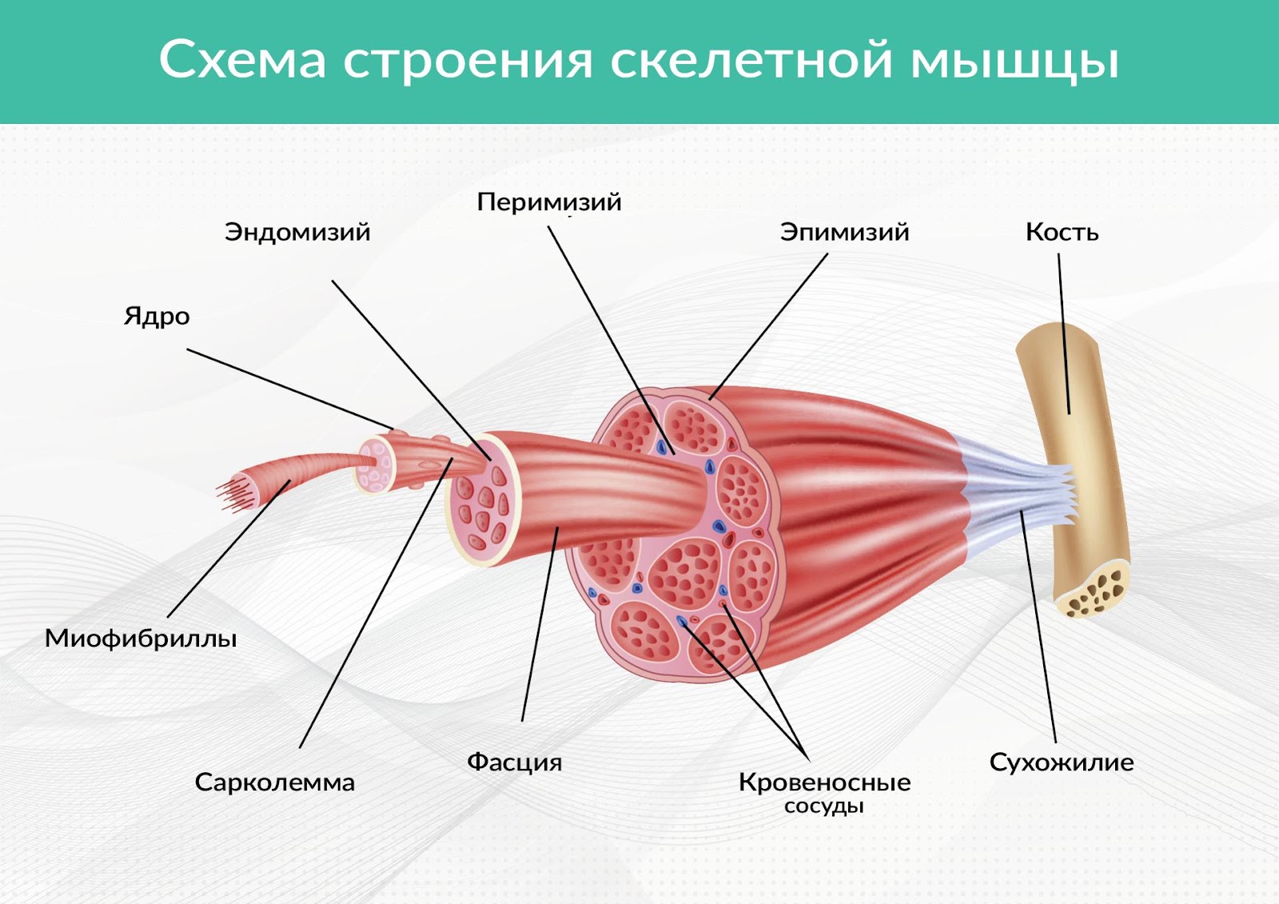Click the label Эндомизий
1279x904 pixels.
click(297, 233)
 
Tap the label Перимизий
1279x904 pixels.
click(548, 203)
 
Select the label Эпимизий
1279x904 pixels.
click(844, 233)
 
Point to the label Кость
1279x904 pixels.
click(1062, 233)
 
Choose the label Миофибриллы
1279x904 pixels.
click(141, 639)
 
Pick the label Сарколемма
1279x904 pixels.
click(275, 783)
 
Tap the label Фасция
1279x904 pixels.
click(515, 763)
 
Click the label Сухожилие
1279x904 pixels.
click(1062, 763)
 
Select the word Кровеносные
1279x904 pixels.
click(824, 783)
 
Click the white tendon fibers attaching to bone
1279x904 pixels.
click(1016, 485)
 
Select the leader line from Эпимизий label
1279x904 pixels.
click(768, 326)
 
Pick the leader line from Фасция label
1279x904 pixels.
click(540, 624)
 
